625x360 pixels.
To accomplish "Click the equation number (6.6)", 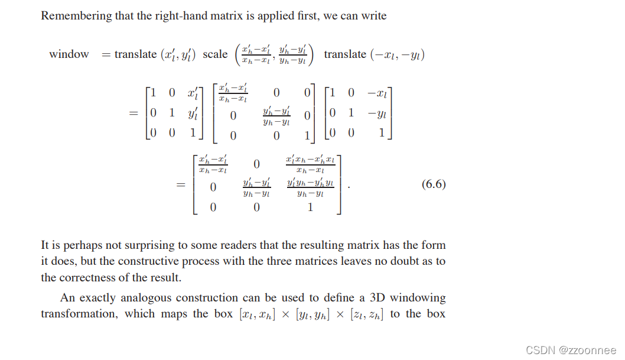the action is point(434,184).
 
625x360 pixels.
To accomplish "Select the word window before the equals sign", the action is point(69,54).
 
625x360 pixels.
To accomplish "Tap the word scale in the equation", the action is point(215,54).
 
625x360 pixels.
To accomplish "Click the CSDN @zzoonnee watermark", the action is point(571,349).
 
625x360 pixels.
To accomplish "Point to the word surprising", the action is point(147,245).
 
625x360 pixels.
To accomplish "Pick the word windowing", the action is point(418,298).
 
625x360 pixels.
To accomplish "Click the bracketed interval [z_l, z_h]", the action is point(367,314).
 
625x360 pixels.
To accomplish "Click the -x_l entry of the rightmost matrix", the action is point(378,93).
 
